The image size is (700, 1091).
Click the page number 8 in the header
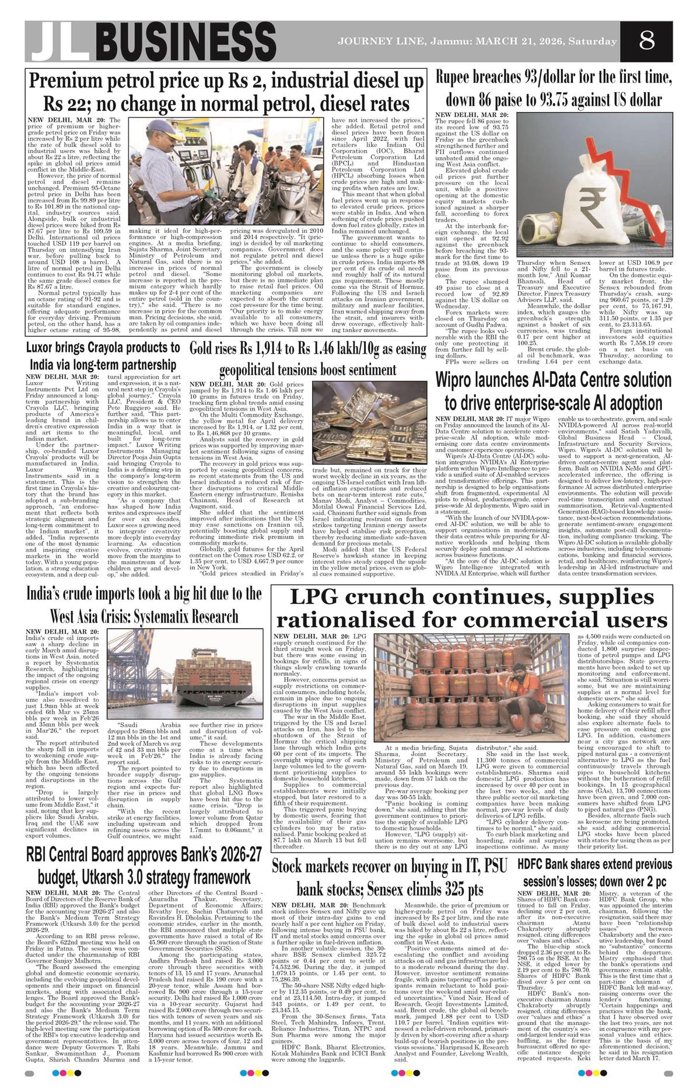point(646,41)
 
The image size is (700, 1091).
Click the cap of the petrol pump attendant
point(159,128)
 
